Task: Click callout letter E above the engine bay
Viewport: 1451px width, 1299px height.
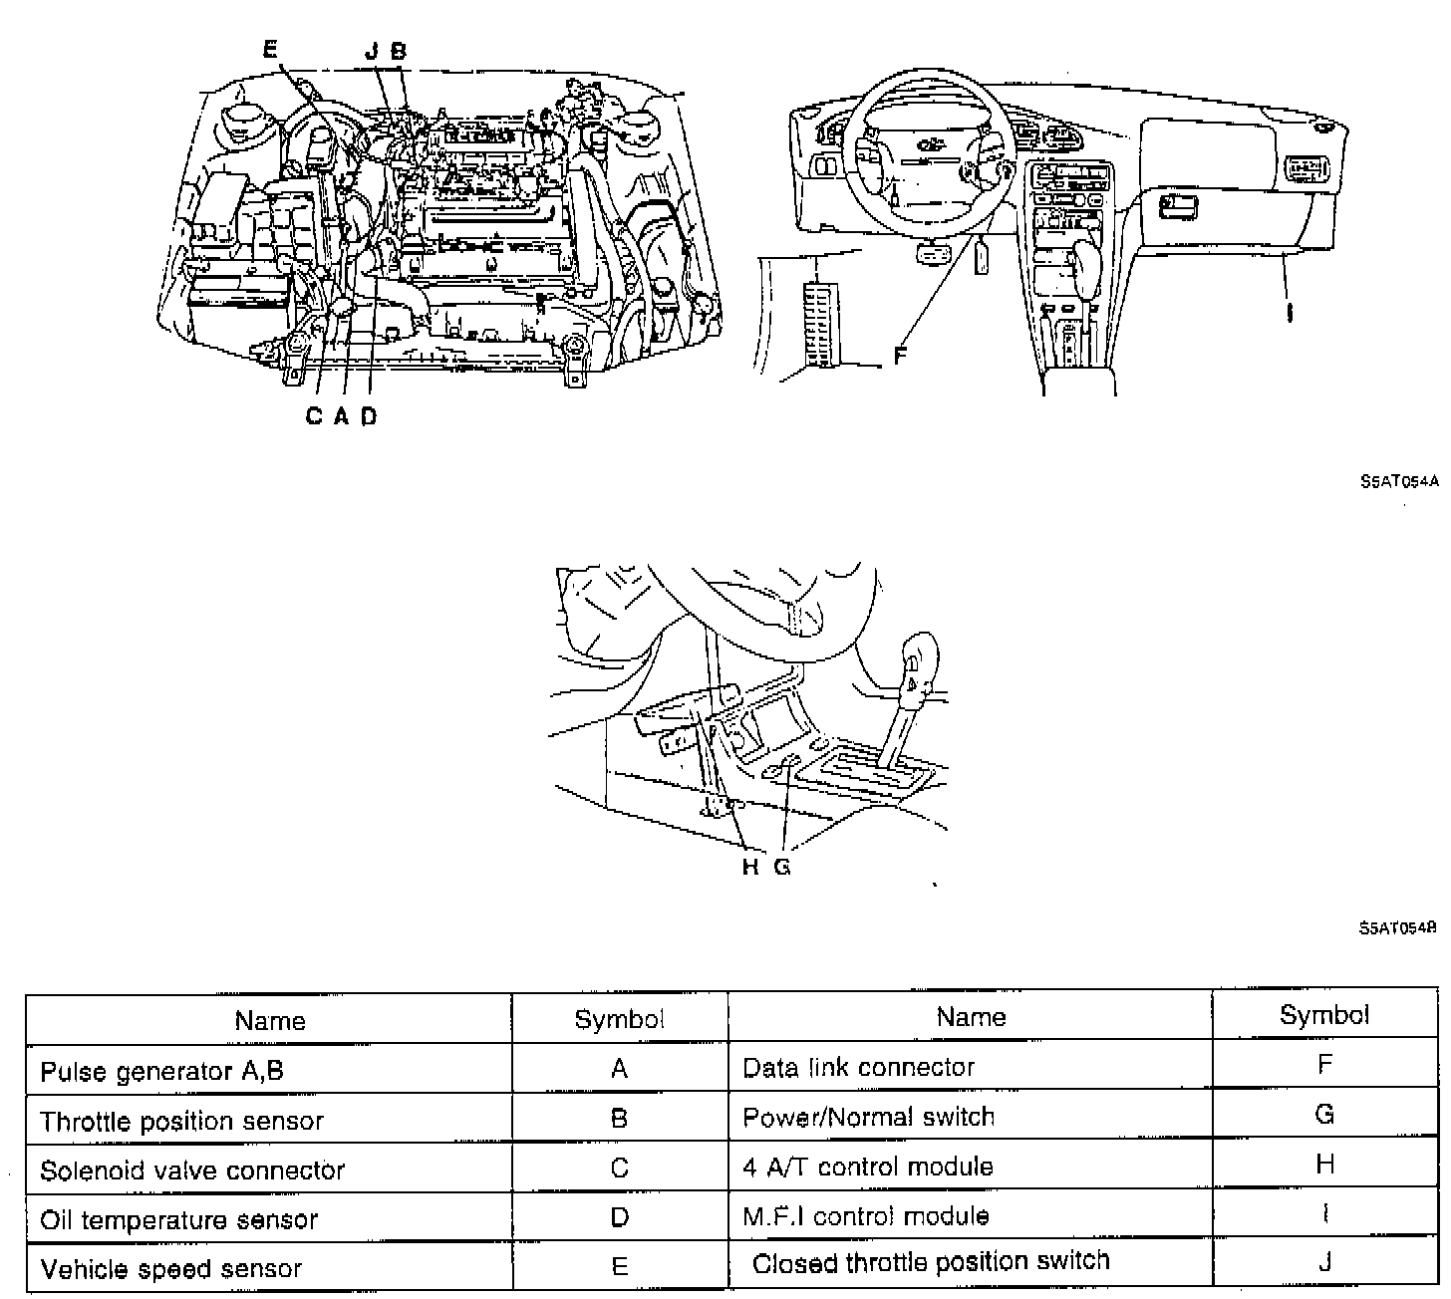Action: tap(270, 51)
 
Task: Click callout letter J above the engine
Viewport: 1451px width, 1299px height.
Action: tap(371, 51)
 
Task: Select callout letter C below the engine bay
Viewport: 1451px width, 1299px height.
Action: tap(314, 416)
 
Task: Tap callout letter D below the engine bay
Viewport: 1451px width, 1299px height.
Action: tap(370, 416)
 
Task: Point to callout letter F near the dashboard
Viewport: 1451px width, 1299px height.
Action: tap(900, 355)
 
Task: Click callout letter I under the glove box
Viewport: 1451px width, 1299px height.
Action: tap(1291, 312)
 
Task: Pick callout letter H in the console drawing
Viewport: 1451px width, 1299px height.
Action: tap(750, 867)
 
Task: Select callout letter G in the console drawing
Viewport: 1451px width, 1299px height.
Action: tap(782, 867)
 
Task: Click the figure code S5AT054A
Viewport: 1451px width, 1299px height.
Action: tap(1399, 481)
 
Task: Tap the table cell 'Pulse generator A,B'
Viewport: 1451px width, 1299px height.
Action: tap(161, 1071)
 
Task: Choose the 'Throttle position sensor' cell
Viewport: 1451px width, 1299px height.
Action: tap(181, 1121)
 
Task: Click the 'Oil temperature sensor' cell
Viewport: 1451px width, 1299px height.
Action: tap(178, 1219)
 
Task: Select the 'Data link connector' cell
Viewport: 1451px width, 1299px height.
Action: tap(858, 1068)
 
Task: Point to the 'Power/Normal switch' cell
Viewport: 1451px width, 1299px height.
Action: tap(868, 1117)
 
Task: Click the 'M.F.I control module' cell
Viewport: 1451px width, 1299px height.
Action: tap(865, 1216)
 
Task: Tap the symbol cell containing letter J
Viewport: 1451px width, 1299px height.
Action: tap(1324, 1262)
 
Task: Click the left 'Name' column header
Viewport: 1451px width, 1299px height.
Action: tap(269, 1020)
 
